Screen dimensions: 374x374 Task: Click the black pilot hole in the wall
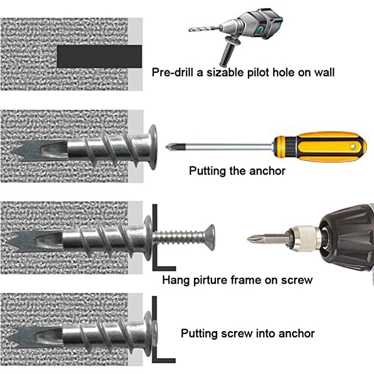99,57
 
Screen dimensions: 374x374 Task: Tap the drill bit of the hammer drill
204,29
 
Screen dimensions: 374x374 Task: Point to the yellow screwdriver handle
320,147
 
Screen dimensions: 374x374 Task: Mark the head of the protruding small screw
210,237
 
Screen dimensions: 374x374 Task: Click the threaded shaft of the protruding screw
179,237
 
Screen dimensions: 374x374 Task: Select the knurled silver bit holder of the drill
305,239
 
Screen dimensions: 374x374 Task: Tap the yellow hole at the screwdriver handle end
353,147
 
